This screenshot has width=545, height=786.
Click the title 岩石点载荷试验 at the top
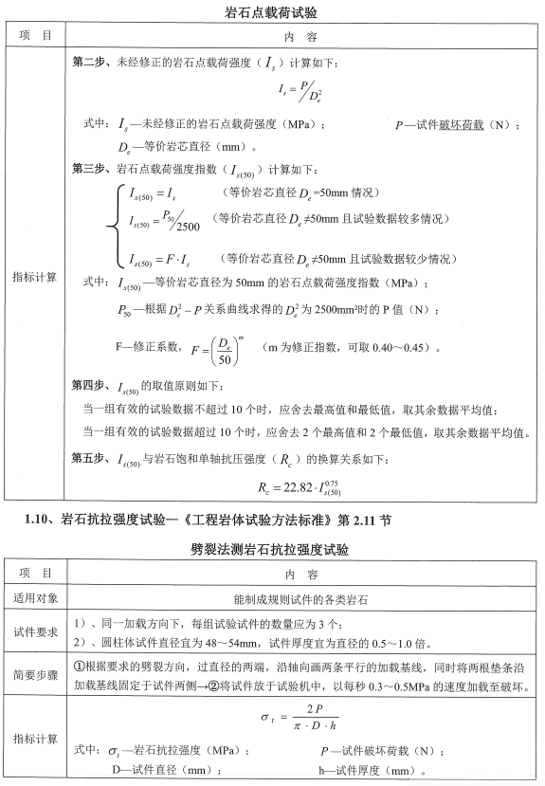(x=272, y=12)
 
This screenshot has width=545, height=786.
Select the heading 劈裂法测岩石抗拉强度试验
(x=270, y=549)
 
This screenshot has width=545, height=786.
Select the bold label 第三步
(x=91, y=170)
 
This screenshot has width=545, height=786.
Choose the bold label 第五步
(x=91, y=460)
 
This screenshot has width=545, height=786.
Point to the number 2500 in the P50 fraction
(x=185, y=228)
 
